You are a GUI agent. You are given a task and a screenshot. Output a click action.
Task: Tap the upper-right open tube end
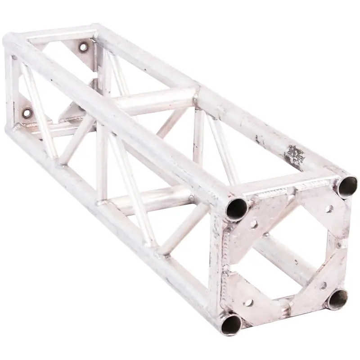[347, 186]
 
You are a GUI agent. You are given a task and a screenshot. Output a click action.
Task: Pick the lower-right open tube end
[336, 299]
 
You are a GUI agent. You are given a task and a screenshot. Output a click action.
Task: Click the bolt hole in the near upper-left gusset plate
[253, 224]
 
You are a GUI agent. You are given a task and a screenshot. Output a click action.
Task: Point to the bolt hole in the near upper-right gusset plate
[329, 209]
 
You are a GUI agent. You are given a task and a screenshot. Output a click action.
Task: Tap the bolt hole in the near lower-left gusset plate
[247, 302]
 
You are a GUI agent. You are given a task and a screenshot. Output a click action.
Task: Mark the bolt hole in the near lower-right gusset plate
[322, 285]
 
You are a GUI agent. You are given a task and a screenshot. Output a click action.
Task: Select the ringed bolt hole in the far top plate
[84, 47]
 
